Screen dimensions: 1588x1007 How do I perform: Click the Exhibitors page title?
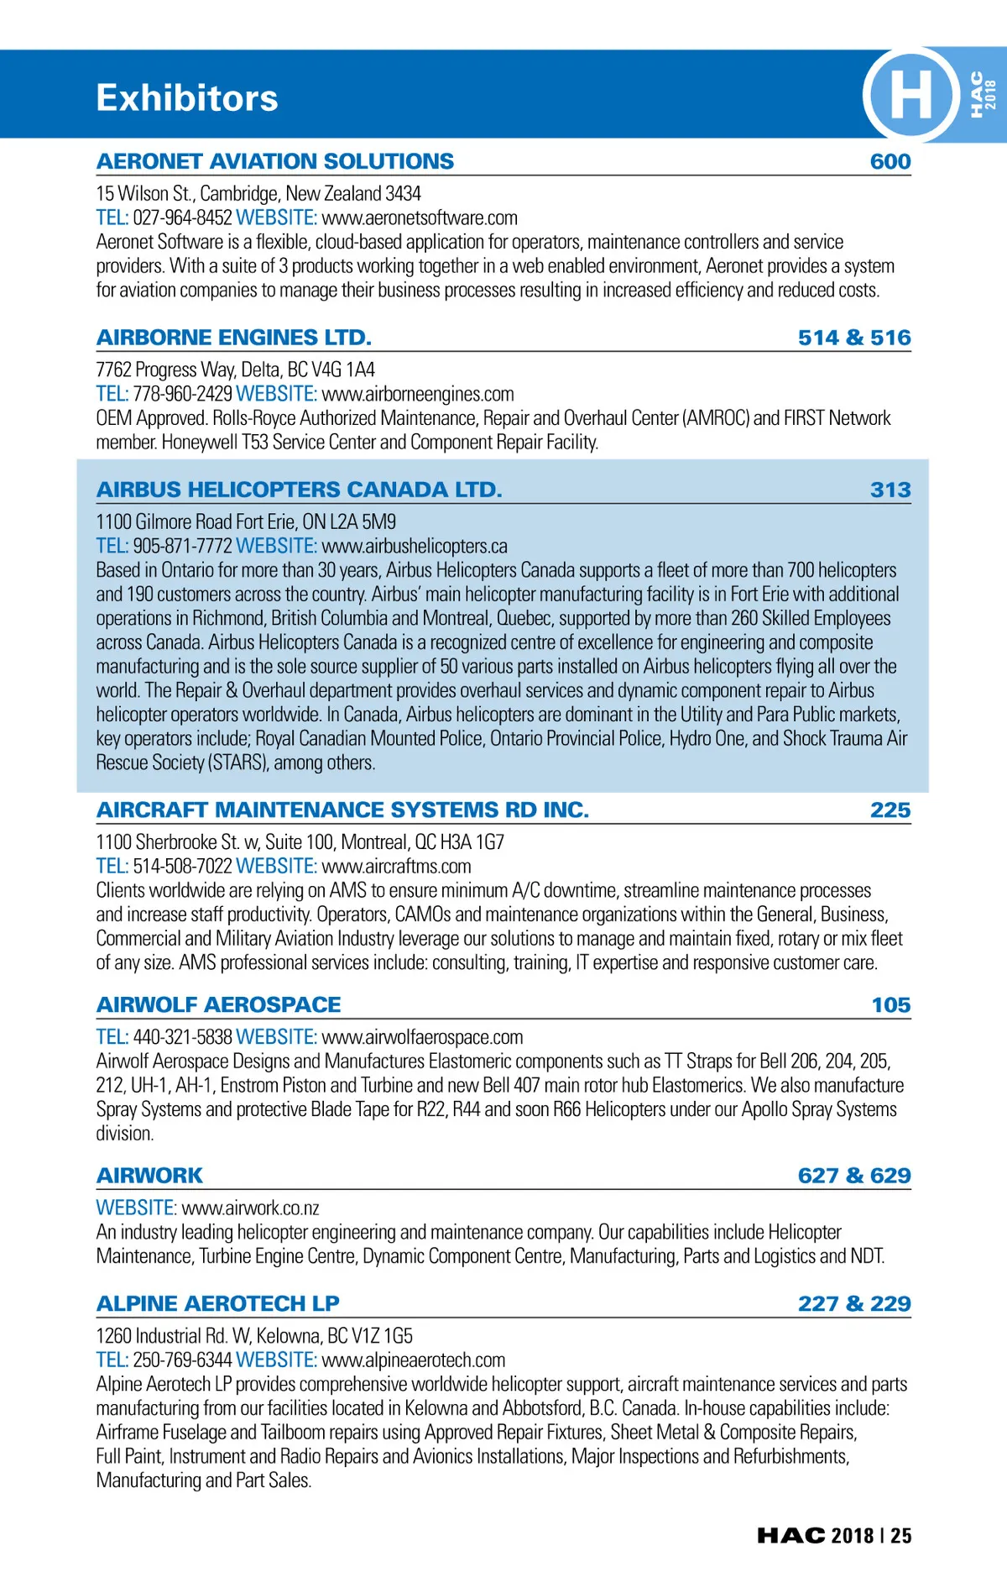[x=186, y=98]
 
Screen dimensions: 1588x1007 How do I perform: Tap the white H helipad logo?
[x=910, y=94]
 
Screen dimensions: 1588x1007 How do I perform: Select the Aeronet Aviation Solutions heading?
[x=275, y=161]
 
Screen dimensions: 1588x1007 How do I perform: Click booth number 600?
[x=890, y=161]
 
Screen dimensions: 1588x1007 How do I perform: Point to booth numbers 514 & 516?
[x=854, y=338]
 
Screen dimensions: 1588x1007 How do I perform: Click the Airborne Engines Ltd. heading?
[x=234, y=338]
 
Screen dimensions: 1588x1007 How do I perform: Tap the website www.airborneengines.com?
[x=418, y=394]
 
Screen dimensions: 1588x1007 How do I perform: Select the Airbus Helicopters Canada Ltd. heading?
[x=300, y=490]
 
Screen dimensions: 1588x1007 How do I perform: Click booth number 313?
[x=890, y=490]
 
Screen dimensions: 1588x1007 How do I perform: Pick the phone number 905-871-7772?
[x=182, y=546]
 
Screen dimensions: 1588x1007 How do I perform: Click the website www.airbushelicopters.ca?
[x=415, y=546]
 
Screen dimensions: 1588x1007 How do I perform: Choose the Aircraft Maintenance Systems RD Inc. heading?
[x=342, y=810]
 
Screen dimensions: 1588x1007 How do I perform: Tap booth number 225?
[x=890, y=810]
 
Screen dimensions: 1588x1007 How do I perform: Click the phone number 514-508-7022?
[x=182, y=866]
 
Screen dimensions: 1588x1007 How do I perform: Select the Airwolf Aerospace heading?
[x=219, y=1004]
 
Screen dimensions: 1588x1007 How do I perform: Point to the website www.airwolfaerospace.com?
[x=422, y=1037]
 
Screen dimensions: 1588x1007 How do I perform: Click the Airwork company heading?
[x=150, y=1176]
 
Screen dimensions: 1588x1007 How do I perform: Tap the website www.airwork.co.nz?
[x=250, y=1208]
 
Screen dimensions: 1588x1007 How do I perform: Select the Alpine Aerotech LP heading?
[x=218, y=1303]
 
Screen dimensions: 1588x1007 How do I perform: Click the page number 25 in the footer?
[x=901, y=1535]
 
